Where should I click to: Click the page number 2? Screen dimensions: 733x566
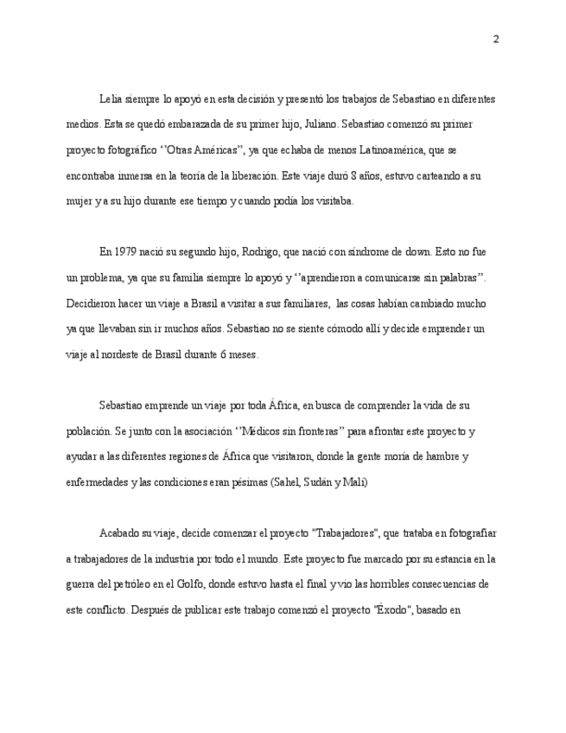(x=496, y=39)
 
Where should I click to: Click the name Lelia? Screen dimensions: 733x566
(x=111, y=99)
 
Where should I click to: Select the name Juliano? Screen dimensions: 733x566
(x=320, y=124)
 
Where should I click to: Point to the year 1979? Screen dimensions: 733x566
(x=126, y=252)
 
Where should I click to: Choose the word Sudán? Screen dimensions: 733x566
(x=328, y=482)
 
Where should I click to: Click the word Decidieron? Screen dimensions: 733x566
(x=92, y=303)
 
